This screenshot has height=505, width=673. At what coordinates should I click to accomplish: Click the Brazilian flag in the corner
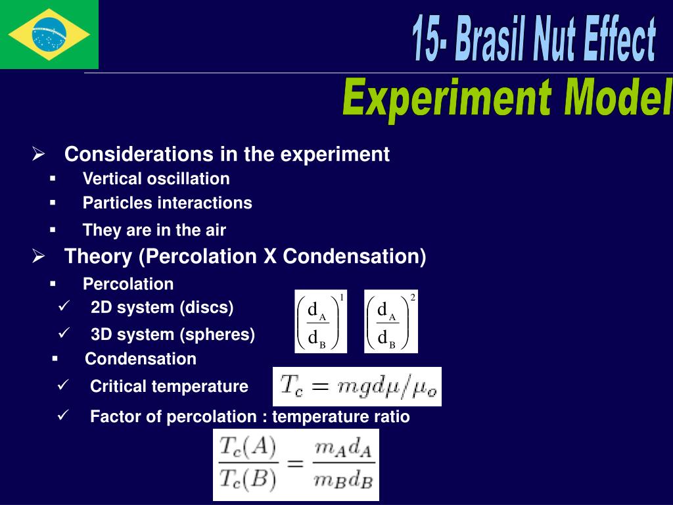(49, 34)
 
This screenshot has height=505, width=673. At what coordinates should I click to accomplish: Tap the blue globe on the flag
(49, 34)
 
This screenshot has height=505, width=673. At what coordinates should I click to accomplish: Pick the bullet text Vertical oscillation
(156, 179)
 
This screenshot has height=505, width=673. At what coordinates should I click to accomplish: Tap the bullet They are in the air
(154, 230)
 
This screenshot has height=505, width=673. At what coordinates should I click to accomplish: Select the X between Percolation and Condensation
(269, 256)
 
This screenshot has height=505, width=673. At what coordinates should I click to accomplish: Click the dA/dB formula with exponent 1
(321, 321)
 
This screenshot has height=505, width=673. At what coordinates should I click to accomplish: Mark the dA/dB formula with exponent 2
(390, 321)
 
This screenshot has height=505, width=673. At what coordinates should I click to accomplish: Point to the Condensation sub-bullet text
(141, 359)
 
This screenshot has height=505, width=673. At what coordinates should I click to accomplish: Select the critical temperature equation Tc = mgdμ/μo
(357, 387)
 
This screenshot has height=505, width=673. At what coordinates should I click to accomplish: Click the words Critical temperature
(169, 387)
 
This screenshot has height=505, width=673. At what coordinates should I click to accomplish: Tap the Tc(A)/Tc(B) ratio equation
(296, 464)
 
